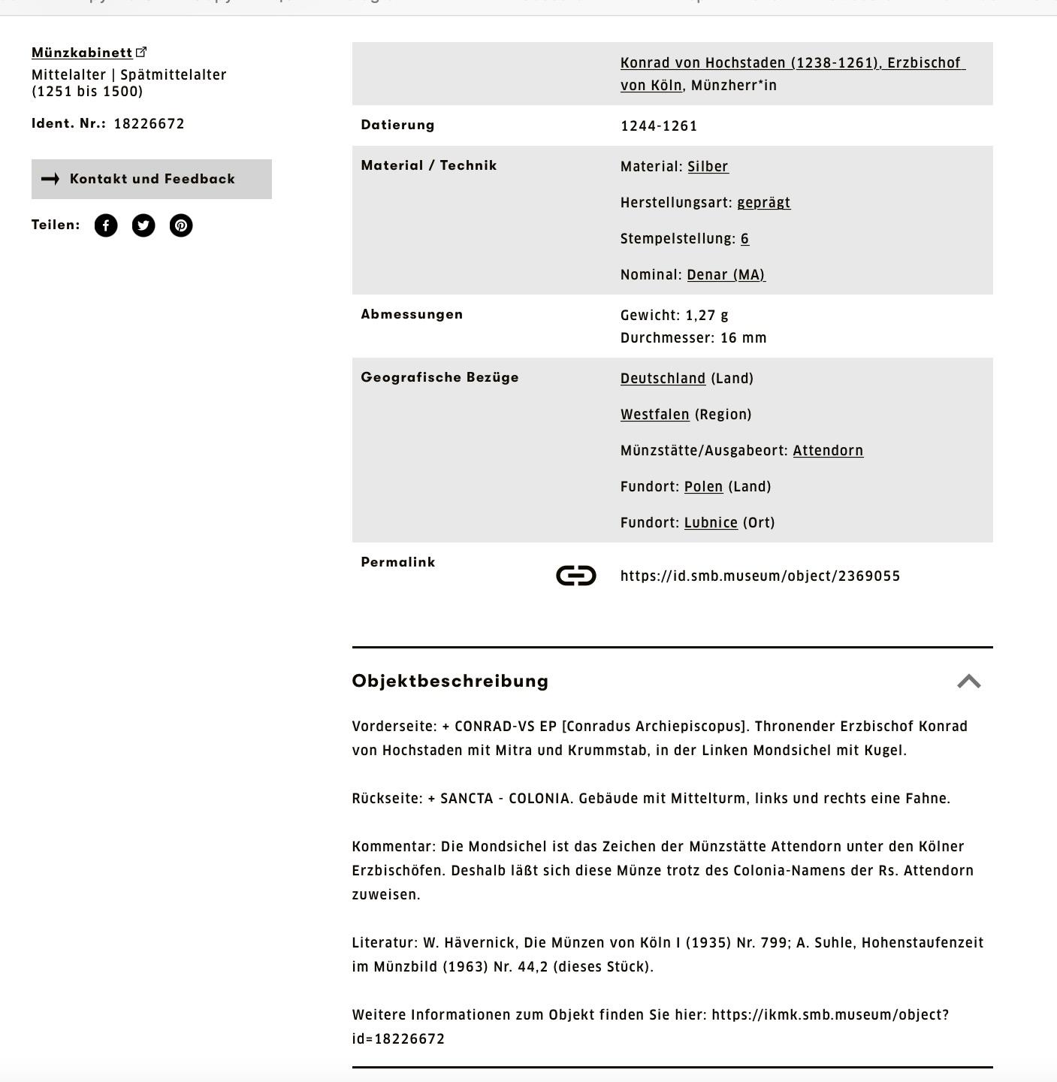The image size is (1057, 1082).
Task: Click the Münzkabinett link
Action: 82,53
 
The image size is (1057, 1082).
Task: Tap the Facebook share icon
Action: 106,225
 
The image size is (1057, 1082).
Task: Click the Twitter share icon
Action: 143,225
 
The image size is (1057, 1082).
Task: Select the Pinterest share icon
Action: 181,225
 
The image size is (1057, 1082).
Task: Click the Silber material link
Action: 708,167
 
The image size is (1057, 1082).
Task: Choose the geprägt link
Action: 763,203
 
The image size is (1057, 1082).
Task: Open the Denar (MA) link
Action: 726,275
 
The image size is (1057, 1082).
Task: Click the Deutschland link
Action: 663,379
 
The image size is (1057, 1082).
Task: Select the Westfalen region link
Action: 654,415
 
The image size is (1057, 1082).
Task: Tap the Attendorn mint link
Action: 828,451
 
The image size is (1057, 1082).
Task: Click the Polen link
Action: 703,487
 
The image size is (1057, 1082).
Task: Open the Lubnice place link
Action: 711,523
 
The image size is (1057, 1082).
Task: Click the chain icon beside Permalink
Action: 576,576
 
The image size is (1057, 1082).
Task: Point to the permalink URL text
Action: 760,576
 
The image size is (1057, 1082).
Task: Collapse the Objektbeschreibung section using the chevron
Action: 969,682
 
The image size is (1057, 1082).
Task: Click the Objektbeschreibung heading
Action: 450,681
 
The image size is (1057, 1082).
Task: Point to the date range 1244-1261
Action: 659,126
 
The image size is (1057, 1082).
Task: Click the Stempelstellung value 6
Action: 744,239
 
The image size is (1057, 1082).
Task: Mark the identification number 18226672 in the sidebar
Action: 149,124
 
